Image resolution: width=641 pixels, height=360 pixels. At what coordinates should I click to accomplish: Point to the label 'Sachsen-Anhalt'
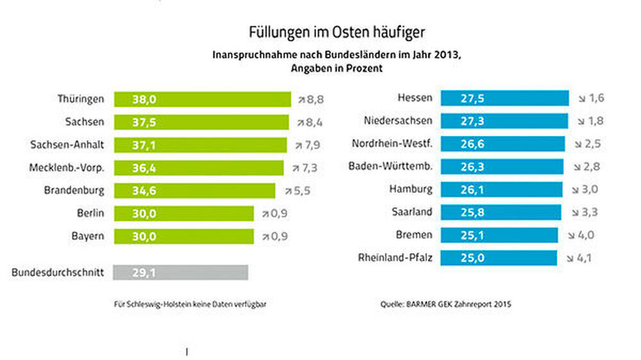(67, 145)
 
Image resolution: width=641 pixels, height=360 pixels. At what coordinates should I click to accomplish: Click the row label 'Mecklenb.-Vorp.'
(67, 168)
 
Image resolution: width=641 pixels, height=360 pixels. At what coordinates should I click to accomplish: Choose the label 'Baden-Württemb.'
(390, 166)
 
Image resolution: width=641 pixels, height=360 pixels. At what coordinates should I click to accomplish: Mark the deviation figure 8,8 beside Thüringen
(315, 99)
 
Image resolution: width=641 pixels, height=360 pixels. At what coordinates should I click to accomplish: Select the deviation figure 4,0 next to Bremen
(586, 235)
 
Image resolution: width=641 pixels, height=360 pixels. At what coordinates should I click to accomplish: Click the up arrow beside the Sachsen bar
(301, 122)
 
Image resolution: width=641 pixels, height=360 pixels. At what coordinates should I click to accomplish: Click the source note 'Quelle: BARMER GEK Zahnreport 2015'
(445, 305)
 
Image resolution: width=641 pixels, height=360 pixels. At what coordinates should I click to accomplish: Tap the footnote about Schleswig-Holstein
(190, 305)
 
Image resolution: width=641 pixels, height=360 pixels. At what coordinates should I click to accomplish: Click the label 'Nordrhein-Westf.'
(392, 143)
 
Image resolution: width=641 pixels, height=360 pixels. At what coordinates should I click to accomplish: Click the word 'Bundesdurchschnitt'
(58, 273)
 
